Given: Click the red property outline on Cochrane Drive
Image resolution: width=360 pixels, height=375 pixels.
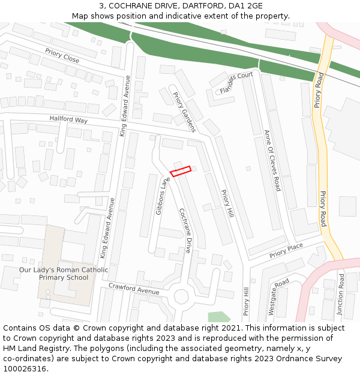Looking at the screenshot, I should (181, 171).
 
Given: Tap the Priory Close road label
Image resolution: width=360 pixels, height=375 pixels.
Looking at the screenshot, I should (62, 56).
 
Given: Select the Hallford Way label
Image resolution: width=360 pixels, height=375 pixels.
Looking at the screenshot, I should (68, 119).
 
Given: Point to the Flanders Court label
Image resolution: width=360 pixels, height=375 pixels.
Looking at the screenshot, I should (236, 83).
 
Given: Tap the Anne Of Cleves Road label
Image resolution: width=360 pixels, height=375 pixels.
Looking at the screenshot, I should (272, 160).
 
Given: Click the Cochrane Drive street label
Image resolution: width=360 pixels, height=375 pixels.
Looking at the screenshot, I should (185, 230).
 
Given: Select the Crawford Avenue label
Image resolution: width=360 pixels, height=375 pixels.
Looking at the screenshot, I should (134, 289).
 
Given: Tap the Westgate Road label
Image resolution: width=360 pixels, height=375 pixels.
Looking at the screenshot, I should (278, 297).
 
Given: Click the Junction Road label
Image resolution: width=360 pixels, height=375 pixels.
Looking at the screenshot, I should (340, 295).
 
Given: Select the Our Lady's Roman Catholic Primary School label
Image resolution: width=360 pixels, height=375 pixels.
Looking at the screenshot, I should (64, 274).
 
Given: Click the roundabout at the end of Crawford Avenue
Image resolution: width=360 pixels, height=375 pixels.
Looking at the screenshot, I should (181, 297).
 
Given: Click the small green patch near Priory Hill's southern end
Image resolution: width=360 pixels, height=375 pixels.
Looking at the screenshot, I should (219, 316).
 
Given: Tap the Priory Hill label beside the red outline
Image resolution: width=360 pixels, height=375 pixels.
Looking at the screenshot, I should (227, 204).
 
